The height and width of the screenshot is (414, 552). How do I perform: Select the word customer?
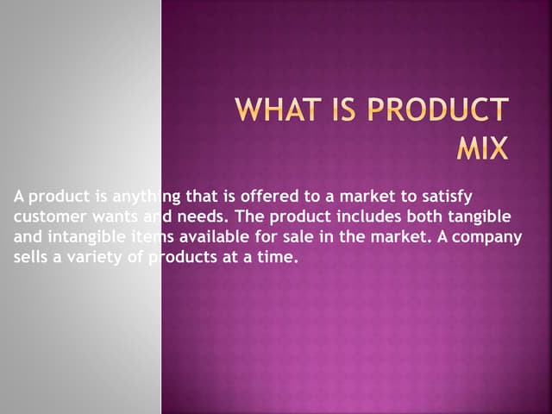[x=47, y=216]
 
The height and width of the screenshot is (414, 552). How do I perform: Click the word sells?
[x=31, y=255]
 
